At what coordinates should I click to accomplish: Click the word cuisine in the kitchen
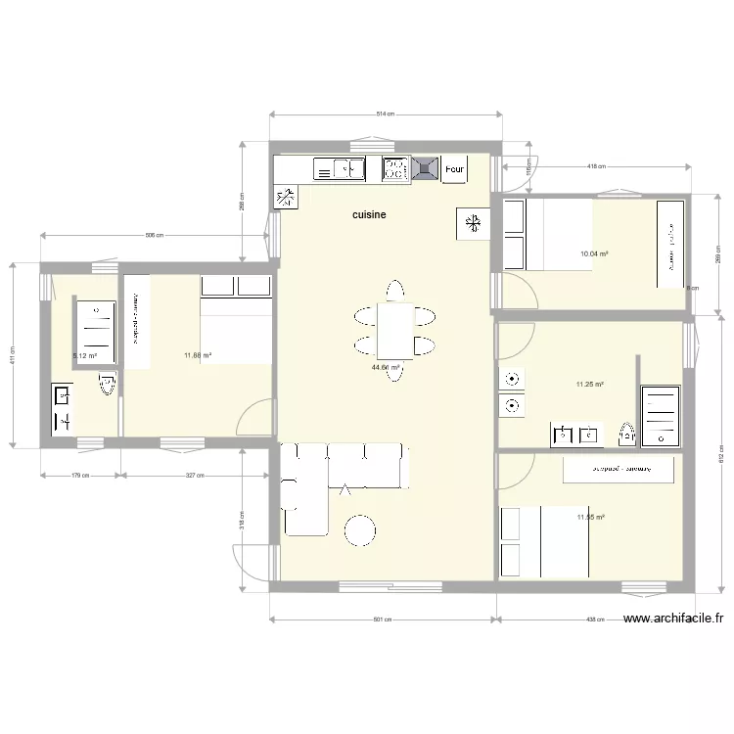coord(370,214)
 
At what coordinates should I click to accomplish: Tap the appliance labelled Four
coord(453,169)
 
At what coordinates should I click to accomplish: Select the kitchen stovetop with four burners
coord(394,170)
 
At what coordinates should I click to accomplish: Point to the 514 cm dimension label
coord(385,115)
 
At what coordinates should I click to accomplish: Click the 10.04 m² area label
coord(594,254)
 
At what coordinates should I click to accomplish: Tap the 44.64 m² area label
coord(386,368)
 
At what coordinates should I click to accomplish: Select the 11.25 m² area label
coord(589,385)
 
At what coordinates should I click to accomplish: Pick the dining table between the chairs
coord(395,330)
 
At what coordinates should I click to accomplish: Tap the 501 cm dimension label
coord(383,619)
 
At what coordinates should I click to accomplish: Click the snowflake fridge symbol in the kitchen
coord(472,224)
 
